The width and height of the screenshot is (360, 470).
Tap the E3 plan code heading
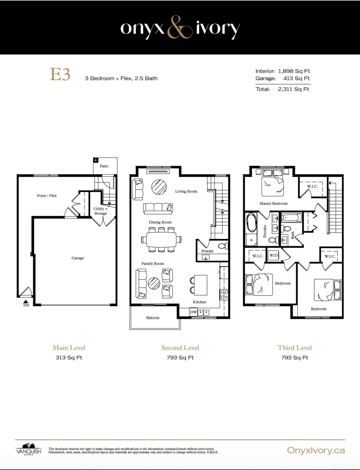(x=60, y=74)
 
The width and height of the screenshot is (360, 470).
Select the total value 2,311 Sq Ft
(x=293, y=89)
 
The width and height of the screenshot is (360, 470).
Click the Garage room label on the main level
(x=77, y=258)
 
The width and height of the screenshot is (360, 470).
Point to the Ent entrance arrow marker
(x=26, y=301)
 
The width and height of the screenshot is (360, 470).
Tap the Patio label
(x=104, y=166)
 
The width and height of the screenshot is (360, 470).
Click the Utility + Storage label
(x=100, y=211)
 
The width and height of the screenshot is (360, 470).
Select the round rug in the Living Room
(x=159, y=187)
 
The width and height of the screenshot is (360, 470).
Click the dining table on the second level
(x=161, y=239)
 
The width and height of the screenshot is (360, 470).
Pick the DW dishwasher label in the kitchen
(x=193, y=312)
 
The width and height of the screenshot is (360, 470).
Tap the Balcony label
(x=153, y=318)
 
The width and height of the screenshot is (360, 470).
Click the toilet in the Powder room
(x=223, y=246)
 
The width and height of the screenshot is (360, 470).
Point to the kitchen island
(x=200, y=285)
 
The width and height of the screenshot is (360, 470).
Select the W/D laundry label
(x=274, y=255)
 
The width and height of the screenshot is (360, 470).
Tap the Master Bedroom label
(x=274, y=203)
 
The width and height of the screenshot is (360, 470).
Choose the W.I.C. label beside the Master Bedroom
(x=313, y=186)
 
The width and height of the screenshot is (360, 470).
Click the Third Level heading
(x=295, y=347)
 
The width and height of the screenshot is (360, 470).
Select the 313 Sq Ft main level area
(x=69, y=358)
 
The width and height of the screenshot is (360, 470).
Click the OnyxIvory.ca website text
(x=316, y=450)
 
